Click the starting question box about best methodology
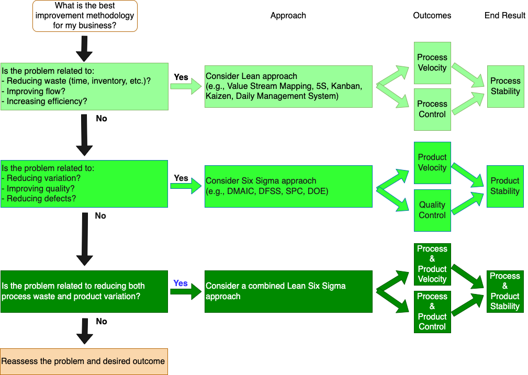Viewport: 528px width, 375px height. point(85,16)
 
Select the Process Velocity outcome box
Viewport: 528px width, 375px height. point(432,63)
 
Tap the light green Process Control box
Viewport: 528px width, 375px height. point(432,109)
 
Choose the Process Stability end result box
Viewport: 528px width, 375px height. point(505,86)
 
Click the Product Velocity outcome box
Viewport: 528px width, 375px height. point(432,163)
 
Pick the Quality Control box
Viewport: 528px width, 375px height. point(432,210)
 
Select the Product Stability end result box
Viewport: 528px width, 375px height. point(505,186)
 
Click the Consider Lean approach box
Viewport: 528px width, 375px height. point(288,86)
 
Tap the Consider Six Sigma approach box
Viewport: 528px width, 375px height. point(288,186)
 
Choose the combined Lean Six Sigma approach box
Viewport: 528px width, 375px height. point(288,291)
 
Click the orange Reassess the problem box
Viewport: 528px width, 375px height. point(84,361)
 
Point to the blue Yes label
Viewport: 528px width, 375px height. point(181,283)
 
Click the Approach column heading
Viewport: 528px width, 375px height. point(288,16)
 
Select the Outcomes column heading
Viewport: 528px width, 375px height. point(432,16)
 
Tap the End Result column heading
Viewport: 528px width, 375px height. point(504,16)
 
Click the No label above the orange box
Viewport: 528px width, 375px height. point(101,322)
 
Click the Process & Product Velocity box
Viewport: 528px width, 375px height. point(432,264)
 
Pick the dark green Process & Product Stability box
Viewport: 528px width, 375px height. point(505,291)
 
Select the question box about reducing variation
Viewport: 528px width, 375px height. point(84,184)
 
